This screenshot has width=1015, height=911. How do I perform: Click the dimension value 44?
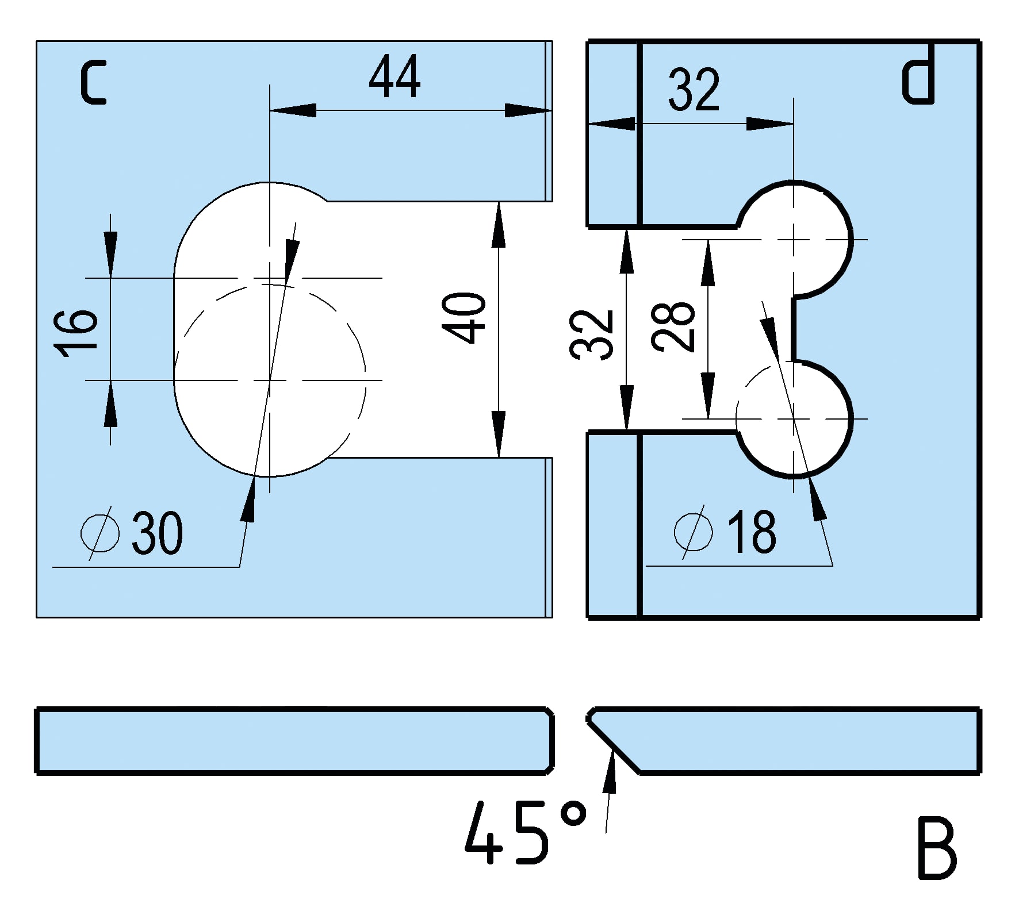pyautogui.click(x=394, y=77)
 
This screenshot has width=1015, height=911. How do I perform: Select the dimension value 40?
pyautogui.click(x=464, y=318)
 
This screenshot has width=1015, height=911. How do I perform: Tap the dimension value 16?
pyautogui.click(x=76, y=333)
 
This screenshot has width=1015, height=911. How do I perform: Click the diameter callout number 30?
pyautogui.click(x=157, y=533)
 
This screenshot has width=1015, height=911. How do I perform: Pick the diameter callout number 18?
pyautogui.click(x=752, y=532)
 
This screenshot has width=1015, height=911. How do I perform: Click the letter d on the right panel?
pyautogui.click(x=918, y=82)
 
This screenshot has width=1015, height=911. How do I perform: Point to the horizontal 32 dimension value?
pyautogui.click(x=694, y=90)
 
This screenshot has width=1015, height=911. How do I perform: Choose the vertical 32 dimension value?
pyautogui.click(x=592, y=335)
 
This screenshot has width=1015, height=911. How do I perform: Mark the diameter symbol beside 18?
pyautogui.click(x=694, y=532)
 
